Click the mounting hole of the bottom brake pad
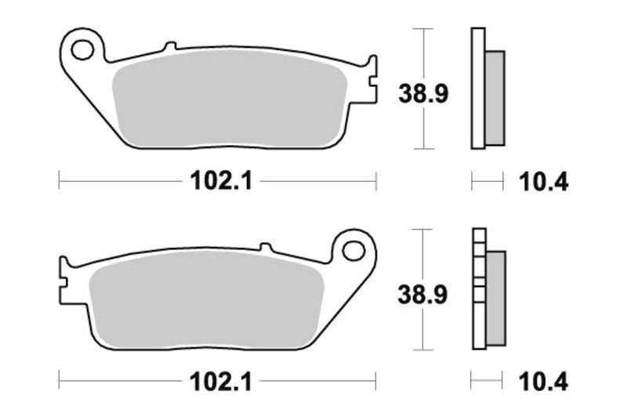(354, 251)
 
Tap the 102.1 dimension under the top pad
(219, 182)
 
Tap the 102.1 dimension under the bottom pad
(219, 383)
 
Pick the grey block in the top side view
(495, 97)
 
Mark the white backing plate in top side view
(478, 88)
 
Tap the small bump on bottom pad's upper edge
(266, 246)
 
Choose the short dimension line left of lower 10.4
(487, 383)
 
